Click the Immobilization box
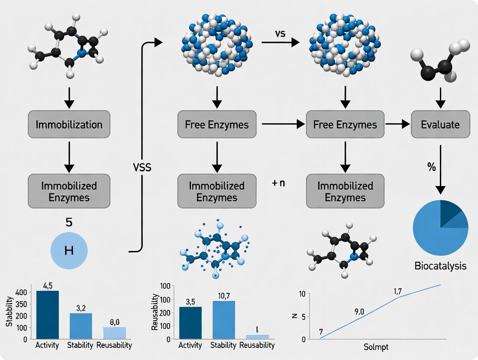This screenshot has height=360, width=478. pos(69,125)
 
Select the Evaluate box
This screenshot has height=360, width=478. pos(440,125)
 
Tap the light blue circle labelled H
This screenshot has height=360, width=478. pos(69,251)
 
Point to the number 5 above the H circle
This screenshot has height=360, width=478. pos(69,223)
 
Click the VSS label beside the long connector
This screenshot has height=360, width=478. pos(142,167)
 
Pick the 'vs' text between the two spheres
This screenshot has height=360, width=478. pos(280,33)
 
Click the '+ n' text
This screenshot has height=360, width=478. pos(278,183)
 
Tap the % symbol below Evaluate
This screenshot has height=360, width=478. pos(431,167)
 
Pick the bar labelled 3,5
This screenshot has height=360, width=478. pos(190,322)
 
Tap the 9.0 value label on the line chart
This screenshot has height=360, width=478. pos(359,311)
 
